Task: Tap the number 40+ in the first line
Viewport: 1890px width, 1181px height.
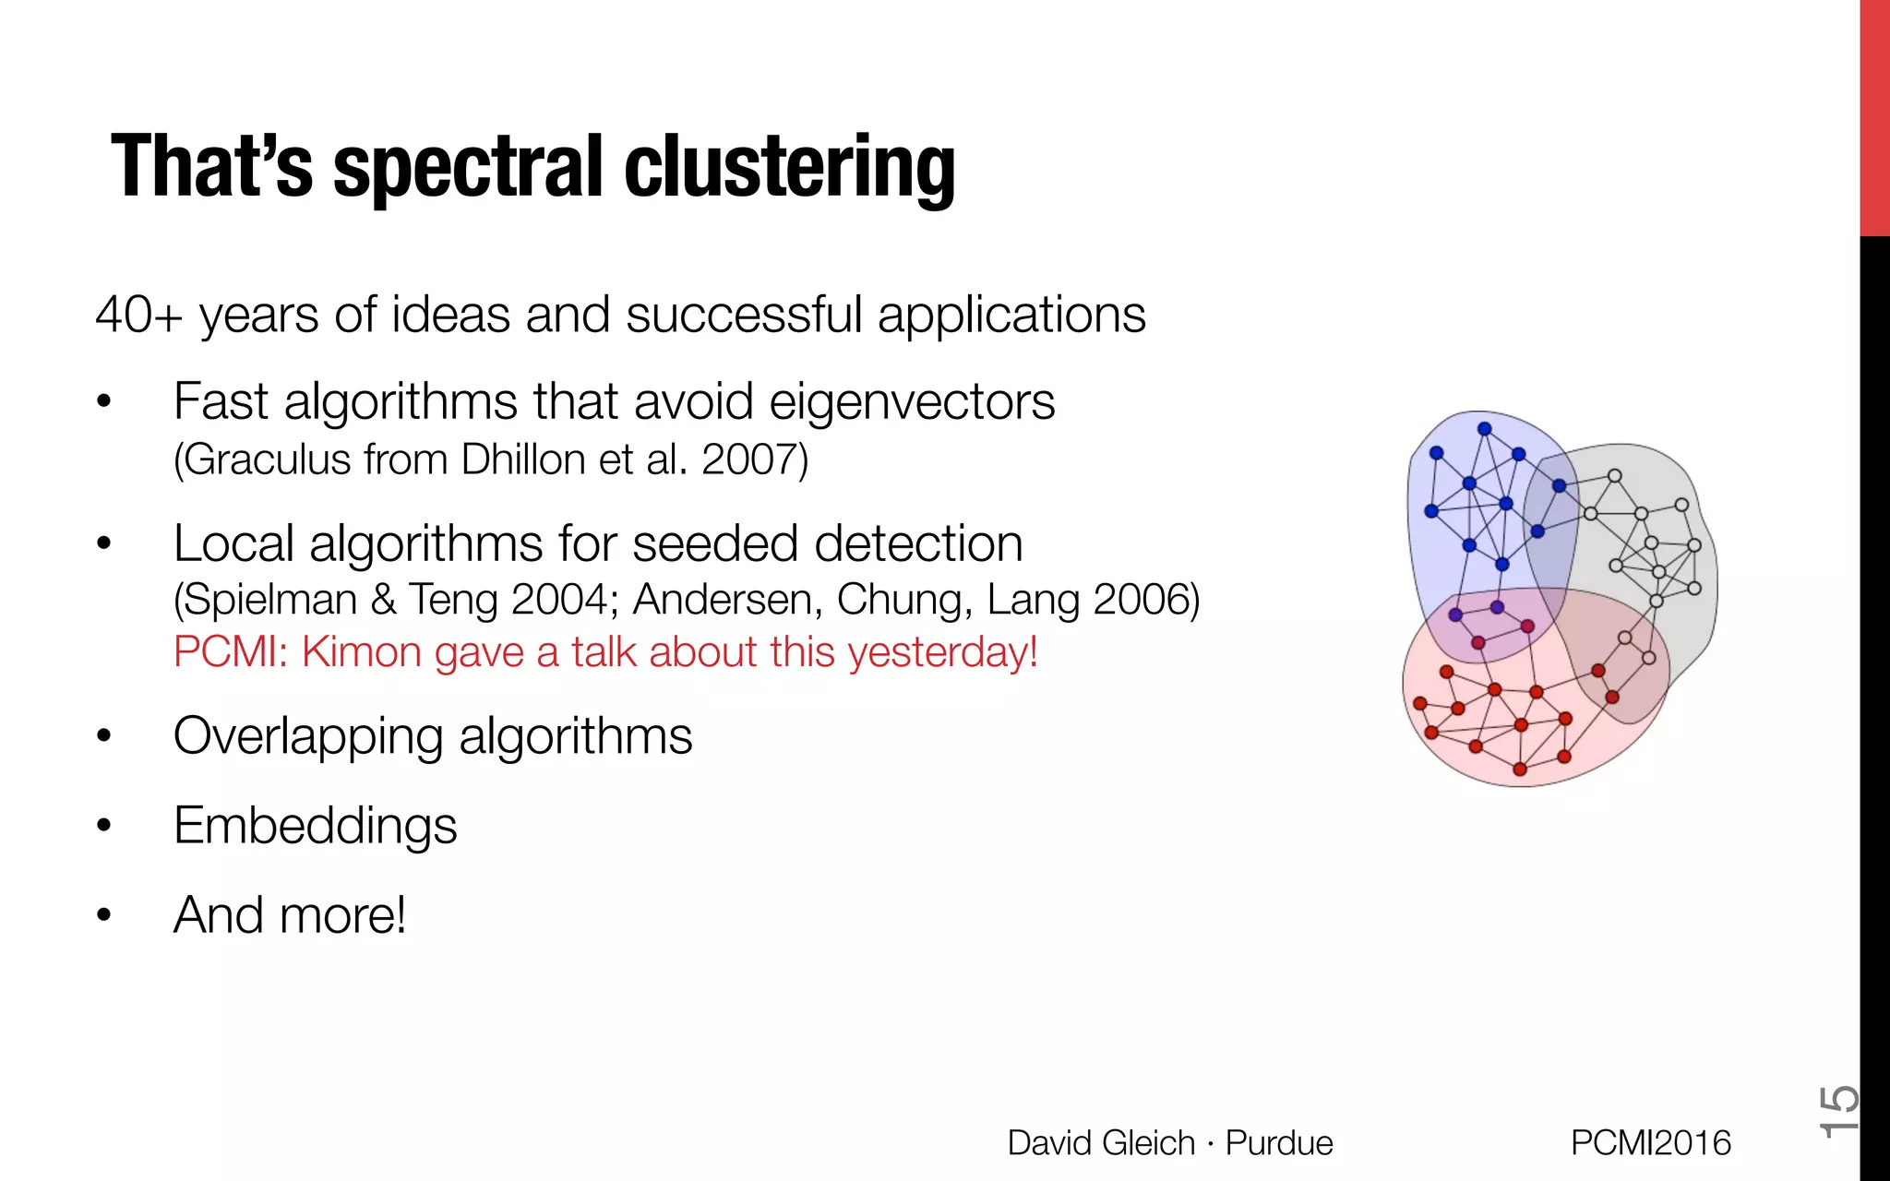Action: (x=138, y=316)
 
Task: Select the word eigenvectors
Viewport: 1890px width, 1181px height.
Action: (x=911, y=402)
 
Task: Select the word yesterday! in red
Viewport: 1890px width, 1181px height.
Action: (x=942, y=652)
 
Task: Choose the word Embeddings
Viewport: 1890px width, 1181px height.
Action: (x=315, y=826)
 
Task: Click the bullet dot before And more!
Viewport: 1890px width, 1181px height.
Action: (x=103, y=915)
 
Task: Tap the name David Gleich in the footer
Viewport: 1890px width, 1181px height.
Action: (x=1100, y=1143)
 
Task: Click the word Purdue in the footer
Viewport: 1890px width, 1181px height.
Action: (x=1278, y=1143)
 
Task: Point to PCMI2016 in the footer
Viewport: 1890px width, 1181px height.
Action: (x=1650, y=1143)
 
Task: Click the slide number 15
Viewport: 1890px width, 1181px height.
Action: (x=1837, y=1112)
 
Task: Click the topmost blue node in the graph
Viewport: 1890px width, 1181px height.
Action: (x=1484, y=429)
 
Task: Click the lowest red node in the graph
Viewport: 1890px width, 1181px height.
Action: (x=1520, y=769)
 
